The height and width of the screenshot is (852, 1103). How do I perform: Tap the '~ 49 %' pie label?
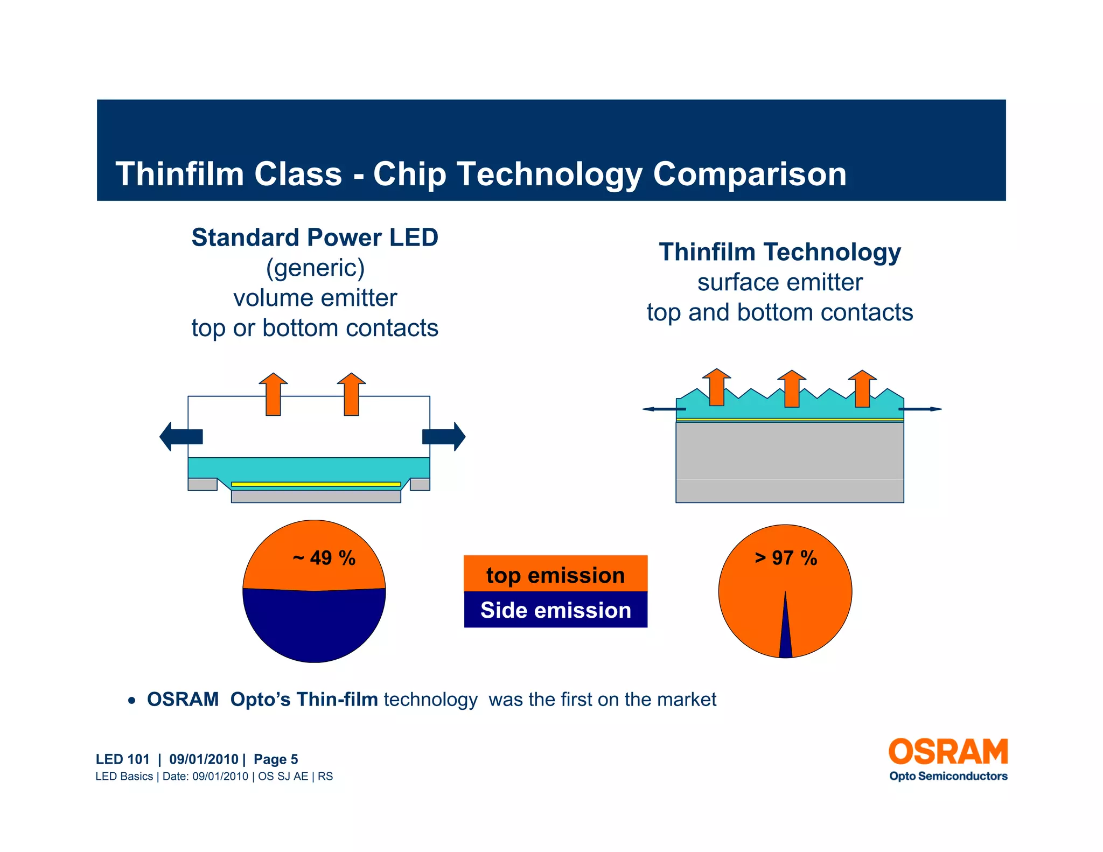324,558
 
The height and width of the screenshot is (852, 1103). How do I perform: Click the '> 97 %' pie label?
785,558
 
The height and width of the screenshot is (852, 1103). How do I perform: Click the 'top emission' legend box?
555,574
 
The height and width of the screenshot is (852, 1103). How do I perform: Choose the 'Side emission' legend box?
555,610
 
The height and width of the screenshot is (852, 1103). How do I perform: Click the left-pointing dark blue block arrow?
181,436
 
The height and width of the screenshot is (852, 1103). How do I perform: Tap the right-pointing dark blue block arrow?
444,436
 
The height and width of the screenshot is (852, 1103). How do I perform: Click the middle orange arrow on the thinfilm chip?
791,389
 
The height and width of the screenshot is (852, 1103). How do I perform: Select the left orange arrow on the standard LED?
273,394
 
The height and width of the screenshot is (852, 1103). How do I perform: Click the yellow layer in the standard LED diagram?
316,484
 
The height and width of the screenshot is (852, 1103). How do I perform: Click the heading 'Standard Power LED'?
315,238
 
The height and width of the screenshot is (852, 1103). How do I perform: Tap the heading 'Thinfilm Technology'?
779,252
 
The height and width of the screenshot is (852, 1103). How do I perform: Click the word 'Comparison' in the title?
749,174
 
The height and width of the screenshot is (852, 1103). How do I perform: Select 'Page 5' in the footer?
275,759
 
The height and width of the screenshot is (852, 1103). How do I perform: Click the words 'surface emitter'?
779,282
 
